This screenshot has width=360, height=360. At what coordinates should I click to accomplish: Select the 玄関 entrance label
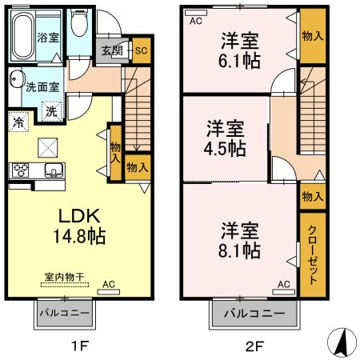pos(111,50)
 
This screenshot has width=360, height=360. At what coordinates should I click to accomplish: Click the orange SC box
pos(140,50)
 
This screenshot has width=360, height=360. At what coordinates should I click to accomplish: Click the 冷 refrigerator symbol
pos(17,123)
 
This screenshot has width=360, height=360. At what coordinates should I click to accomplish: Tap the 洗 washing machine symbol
pos(50,114)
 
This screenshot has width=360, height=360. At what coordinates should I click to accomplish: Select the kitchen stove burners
pos(20,169)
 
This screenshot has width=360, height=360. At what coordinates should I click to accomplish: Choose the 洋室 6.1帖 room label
pos(238,49)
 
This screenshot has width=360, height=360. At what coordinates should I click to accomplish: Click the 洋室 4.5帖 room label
pos(225,138)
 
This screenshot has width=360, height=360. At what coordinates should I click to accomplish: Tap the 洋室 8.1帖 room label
pos(239,239)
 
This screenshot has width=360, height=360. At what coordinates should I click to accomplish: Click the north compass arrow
pos(342,343)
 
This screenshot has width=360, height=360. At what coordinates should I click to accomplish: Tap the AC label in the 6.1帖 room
pos(194,22)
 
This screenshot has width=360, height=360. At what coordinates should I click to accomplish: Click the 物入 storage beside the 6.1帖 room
pos(312,36)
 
